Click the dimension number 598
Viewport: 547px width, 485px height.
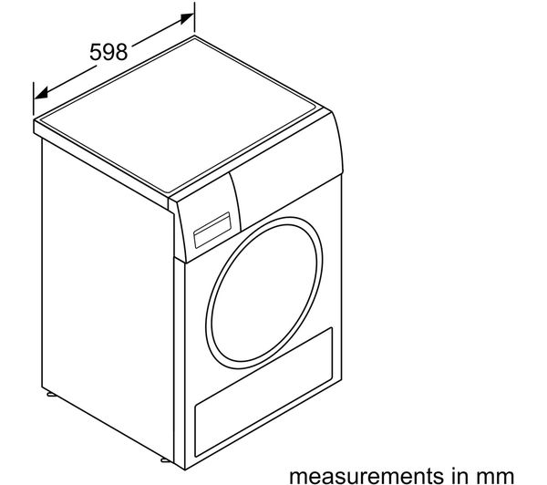point(108,52)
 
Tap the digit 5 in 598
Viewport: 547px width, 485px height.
point(96,52)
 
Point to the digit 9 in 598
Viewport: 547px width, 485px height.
point(108,52)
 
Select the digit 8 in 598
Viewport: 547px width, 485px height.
point(121,52)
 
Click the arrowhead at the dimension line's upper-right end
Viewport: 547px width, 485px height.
point(187,18)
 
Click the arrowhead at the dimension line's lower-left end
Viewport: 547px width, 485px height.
point(41,93)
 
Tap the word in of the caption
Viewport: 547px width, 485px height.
point(452,475)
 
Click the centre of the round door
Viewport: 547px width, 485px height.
point(264,293)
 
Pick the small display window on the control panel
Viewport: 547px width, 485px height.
point(212,230)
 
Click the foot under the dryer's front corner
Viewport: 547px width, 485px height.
point(166,459)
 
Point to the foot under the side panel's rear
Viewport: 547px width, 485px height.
point(51,395)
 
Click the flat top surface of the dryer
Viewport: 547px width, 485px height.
point(181,115)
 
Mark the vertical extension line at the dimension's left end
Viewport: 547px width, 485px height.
point(34,98)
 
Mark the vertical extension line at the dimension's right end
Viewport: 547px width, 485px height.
point(194,17)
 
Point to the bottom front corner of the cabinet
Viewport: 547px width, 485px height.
point(184,470)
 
